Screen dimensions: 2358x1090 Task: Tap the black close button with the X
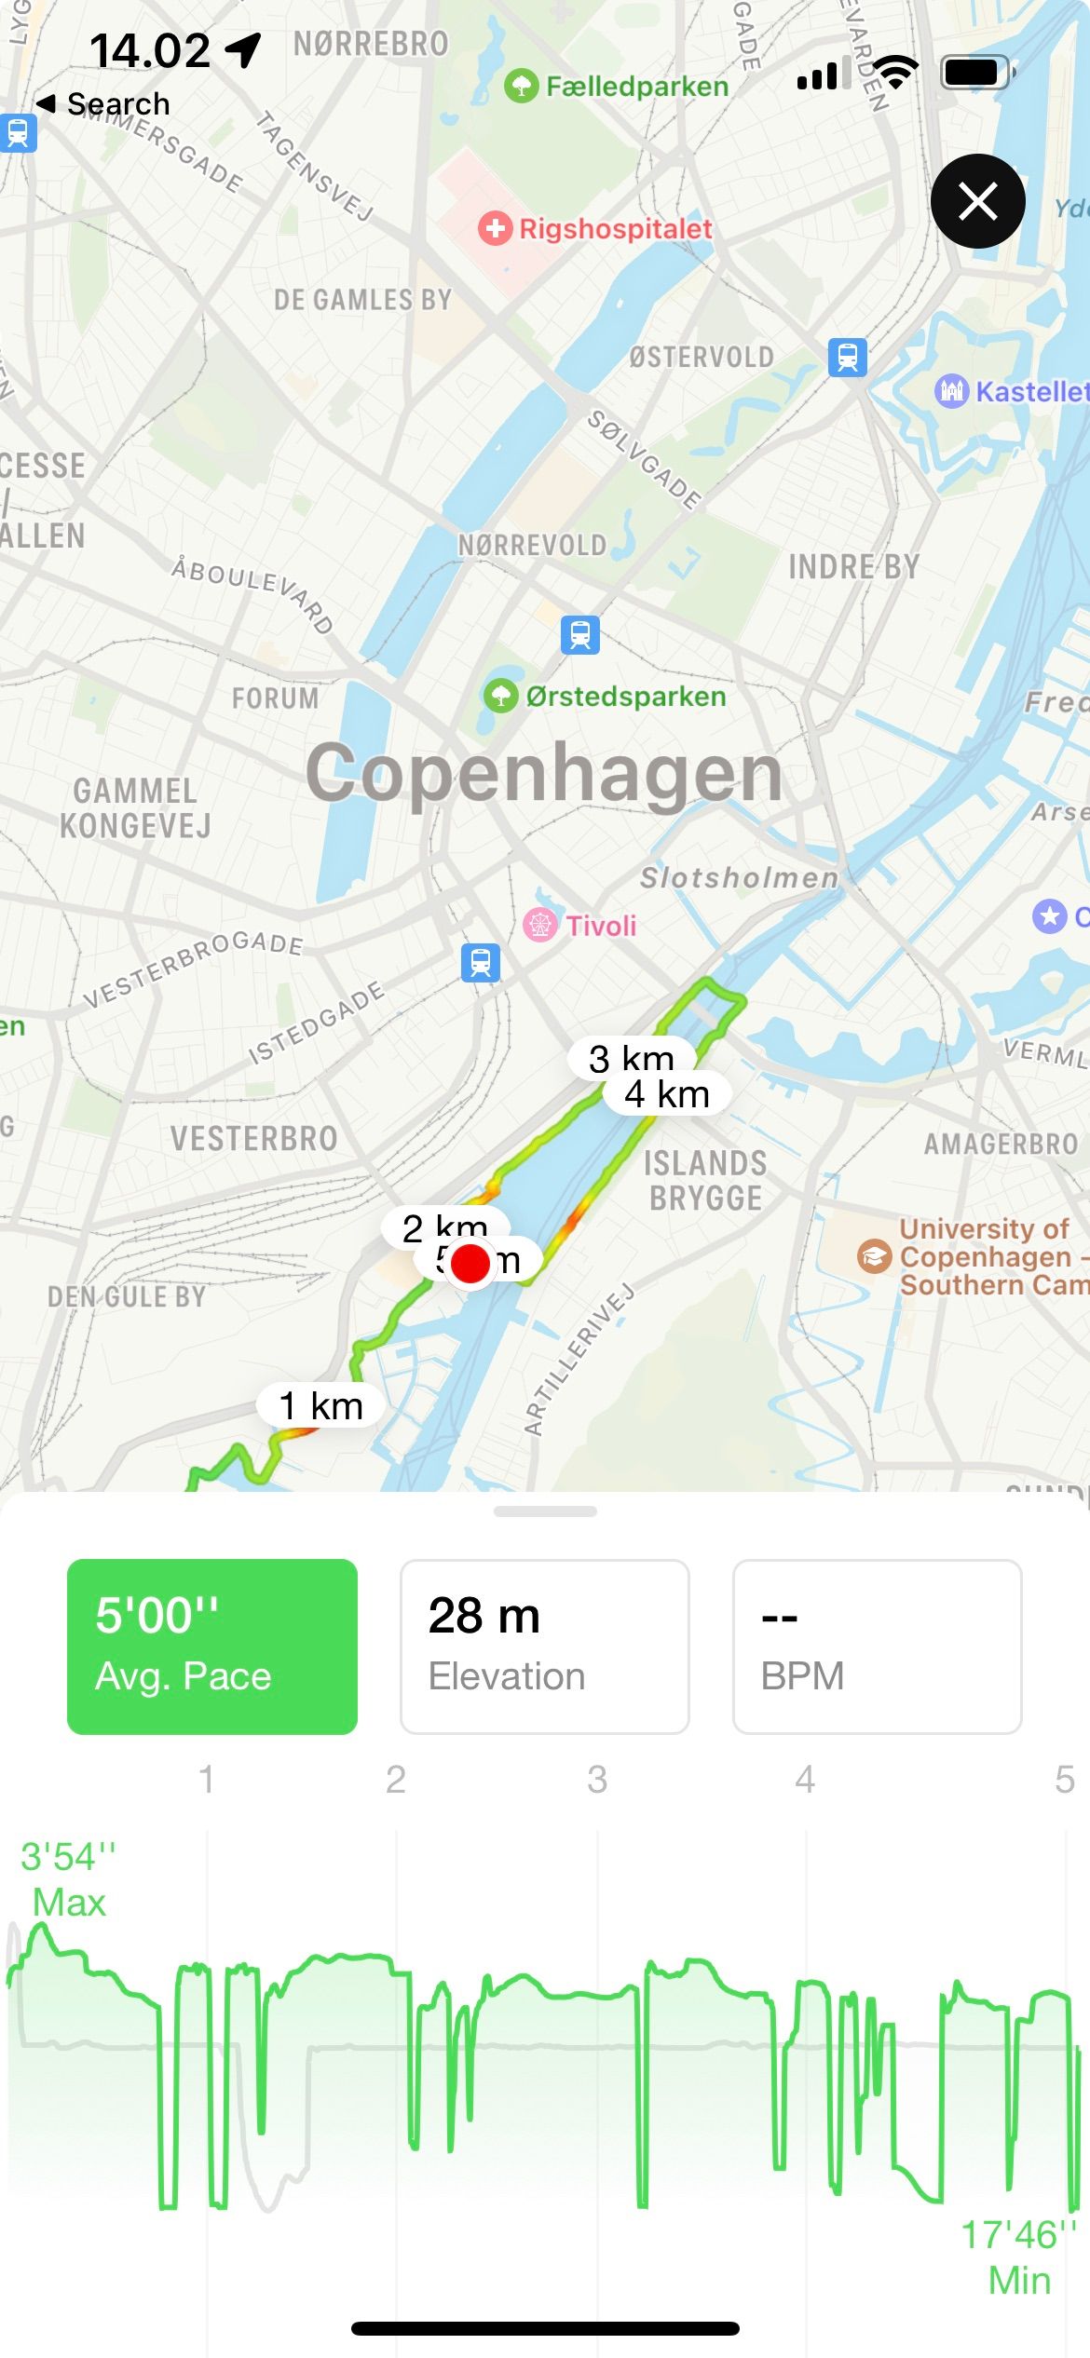click(x=977, y=201)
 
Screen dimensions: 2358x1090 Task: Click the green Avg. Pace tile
click(x=212, y=1646)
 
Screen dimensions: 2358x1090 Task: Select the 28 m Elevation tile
click(x=544, y=1646)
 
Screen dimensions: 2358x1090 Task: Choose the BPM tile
click(x=877, y=1646)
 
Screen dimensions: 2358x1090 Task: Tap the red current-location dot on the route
click(x=470, y=1264)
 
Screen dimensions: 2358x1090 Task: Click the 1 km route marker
click(x=320, y=1405)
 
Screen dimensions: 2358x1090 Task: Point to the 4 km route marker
click(x=667, y=1094)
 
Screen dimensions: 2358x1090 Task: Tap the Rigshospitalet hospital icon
click(x=495, y=228)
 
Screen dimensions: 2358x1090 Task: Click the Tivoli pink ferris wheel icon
click(x=539, y=925)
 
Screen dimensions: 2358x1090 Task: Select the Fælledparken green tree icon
click(x=521, y=87)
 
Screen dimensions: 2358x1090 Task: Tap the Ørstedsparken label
click(x=625, y=697)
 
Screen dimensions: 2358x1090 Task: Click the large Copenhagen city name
click(x=544, y=773)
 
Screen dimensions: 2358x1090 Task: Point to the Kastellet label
click(x=1030, y=391)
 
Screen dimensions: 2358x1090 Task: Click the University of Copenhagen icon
click(x=874, y=1256)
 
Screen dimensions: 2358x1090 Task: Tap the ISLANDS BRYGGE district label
click(x=706, y=1180)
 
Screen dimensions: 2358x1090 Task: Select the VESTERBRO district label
click(x=253, y=1138)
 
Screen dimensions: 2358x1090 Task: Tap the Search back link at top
click(x=104, y=103)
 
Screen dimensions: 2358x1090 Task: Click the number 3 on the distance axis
click(x=597, y=1780)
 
